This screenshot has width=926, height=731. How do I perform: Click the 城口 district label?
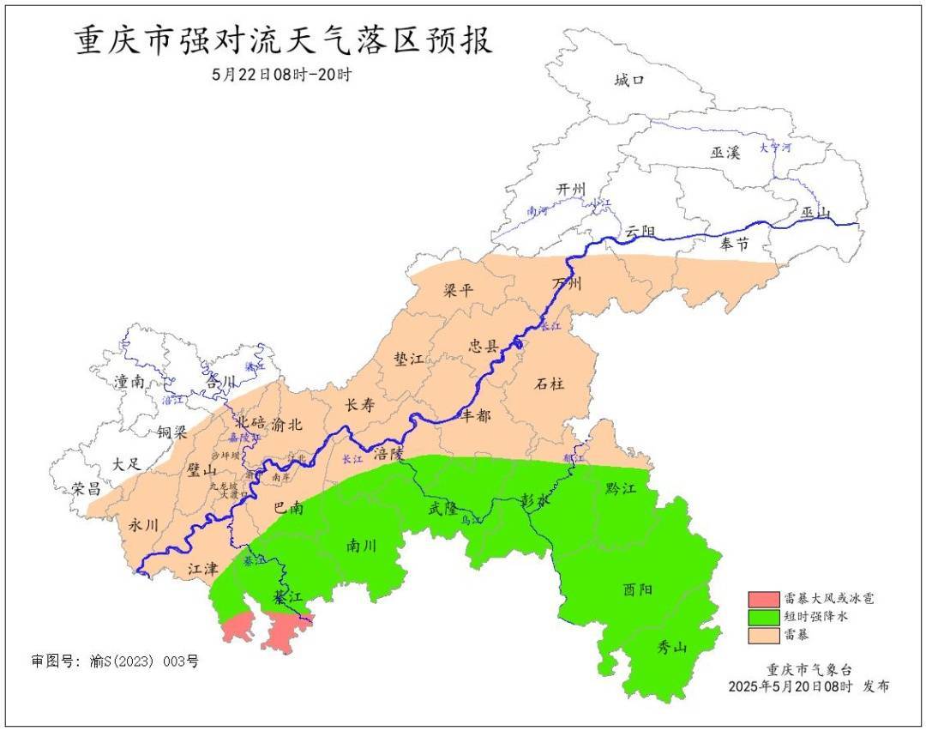[x=629, y=81]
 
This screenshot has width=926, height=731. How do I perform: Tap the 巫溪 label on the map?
[x=725, y=153]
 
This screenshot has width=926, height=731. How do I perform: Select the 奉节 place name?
[x=734, y=245]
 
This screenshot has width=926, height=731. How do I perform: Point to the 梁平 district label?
[x=458, y=290]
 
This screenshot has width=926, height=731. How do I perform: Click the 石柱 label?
[x=550, y=384]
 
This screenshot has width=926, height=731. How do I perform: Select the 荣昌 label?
[x=86, y=489]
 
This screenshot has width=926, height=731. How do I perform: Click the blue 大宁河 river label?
[x=774, y=148]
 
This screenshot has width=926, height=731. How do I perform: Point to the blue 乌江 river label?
[x=471, y=520]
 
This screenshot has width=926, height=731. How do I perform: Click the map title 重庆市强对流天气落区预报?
[x=284, y=40]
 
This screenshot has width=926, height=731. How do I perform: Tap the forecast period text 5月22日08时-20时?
[x=282, y=75]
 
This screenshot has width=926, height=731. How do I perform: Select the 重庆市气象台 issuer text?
[x=809, y=669]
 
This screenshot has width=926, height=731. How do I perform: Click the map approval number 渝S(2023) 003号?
[x=115, y=662]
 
